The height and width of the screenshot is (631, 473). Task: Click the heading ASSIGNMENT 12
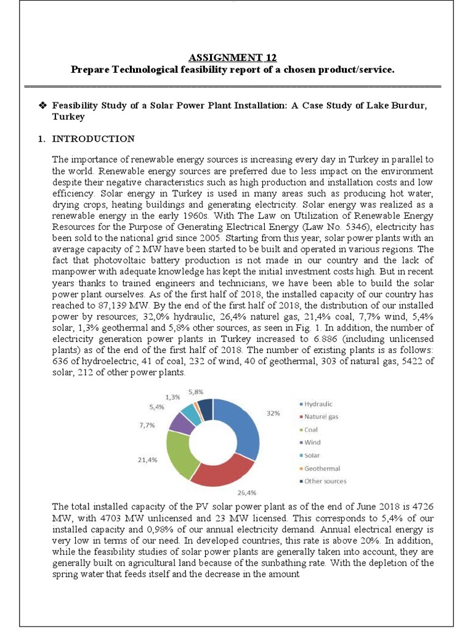(232, 58)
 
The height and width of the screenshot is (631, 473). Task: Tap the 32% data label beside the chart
(274, 414)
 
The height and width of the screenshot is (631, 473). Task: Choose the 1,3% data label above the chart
(173, 397)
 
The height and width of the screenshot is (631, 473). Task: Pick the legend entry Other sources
(325, 481)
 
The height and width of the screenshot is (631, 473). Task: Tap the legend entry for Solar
(312, 455)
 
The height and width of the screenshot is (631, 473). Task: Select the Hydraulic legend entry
(318, 404)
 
